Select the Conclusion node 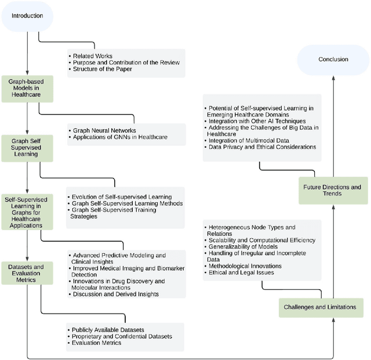(x=333, y=59)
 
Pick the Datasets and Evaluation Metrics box (x=27, y=272)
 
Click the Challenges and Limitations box (x=321, y=307)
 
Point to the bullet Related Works (x=93, y=56)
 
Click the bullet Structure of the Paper (x=103, y=69)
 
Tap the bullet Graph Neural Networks (x=104, y=130)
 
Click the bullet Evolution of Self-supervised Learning (x=122, y=197)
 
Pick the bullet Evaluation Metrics (x=96, y=343)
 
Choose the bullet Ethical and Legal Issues (x=241, y=272)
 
